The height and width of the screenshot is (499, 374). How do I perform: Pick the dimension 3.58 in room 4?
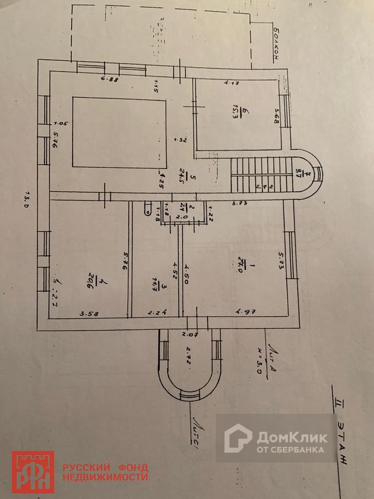88,313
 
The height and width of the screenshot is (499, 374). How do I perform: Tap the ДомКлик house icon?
238,438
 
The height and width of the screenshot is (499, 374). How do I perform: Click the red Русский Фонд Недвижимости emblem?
33,472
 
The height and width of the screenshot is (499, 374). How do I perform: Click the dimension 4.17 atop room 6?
231,83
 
